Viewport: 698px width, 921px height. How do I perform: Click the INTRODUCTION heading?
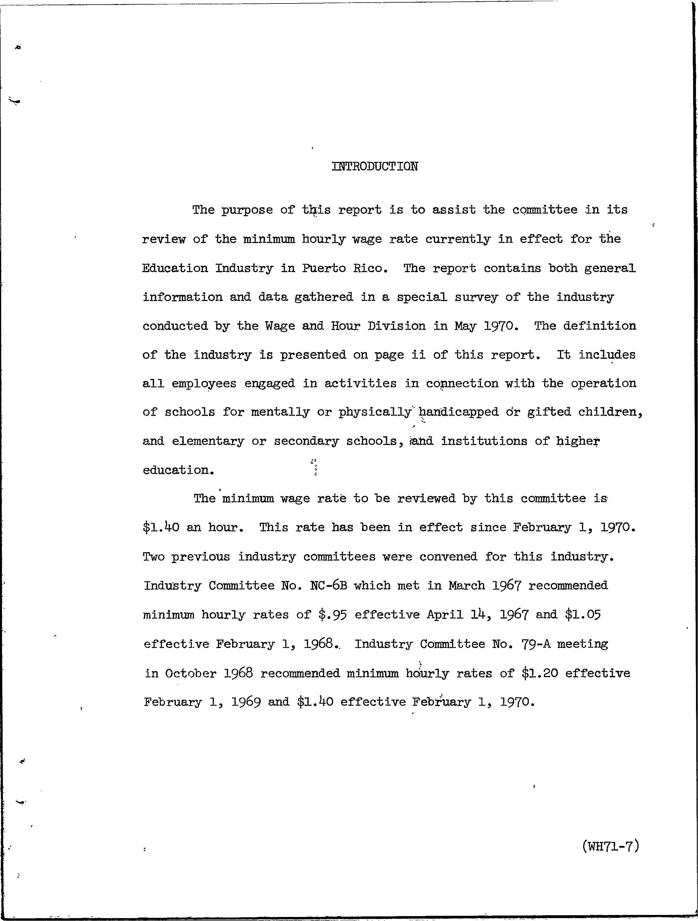[x=375, y=167]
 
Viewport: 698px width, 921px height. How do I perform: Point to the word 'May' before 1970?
[x=465, y=326]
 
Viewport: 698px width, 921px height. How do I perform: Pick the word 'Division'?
[x=396, y=326]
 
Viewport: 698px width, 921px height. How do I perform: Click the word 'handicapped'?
[x=459, y=412]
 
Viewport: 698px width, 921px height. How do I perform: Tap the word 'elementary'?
[x=208, y=441]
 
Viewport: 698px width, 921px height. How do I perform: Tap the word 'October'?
[x=190, y=674]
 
